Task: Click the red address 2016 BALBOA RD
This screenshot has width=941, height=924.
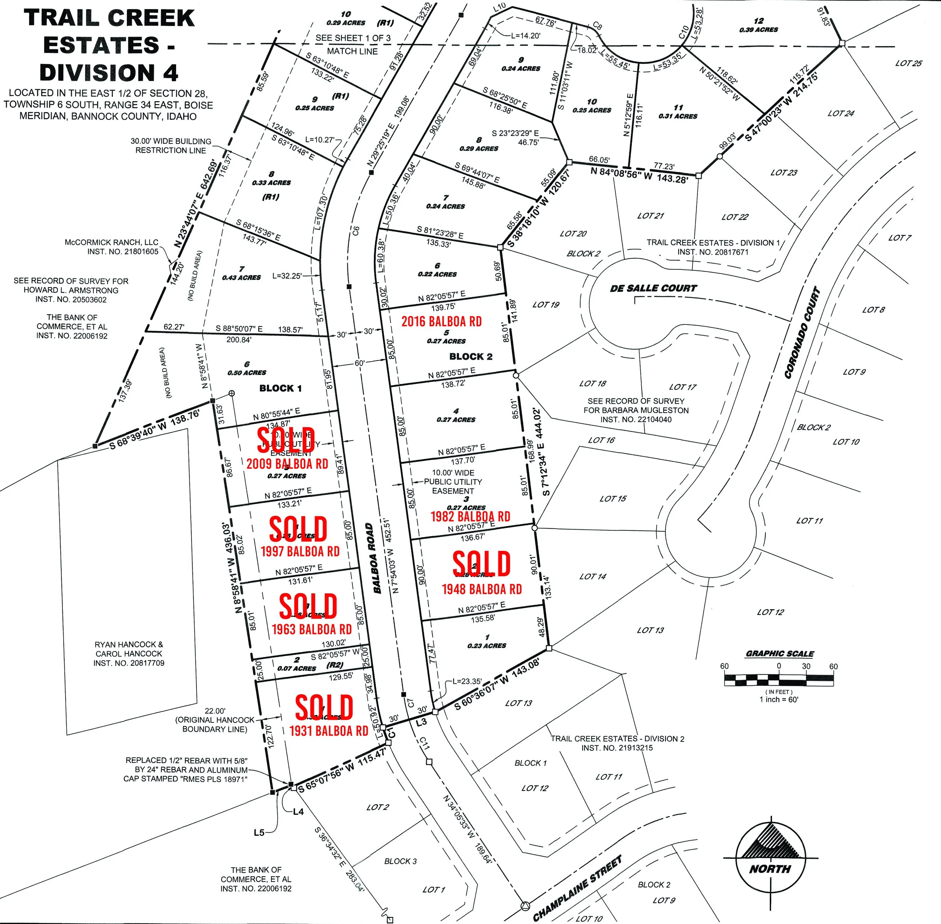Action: pos(442,322)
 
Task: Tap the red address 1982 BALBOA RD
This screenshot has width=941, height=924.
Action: pos(470,516)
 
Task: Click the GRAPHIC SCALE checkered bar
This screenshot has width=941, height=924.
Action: pos(779,679)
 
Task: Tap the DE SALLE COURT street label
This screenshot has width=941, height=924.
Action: pos(653,288)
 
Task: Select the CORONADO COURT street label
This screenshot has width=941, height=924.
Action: pos(802,333)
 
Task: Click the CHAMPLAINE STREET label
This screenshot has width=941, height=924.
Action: pos(577,889)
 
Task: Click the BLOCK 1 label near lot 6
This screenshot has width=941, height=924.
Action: pos(280,388)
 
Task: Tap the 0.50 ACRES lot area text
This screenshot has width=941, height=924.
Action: pos(247,373)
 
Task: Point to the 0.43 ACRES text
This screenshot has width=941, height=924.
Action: pos(241,278)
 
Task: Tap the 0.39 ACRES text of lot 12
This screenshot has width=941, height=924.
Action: pos(758,30)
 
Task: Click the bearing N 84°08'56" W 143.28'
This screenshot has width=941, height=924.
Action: pos(640,175)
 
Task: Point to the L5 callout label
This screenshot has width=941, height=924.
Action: pos(259,832)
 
